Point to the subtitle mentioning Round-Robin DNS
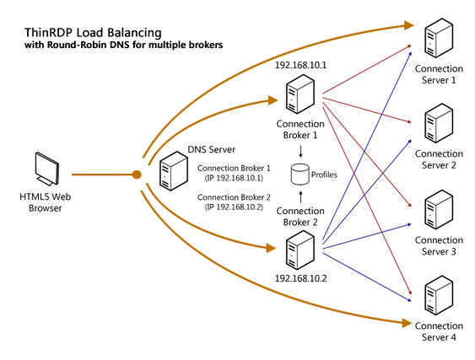(123, 45)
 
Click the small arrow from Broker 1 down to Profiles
(298, 153)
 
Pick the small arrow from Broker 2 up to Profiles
(298, 196)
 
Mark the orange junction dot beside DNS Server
(136, 175)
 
